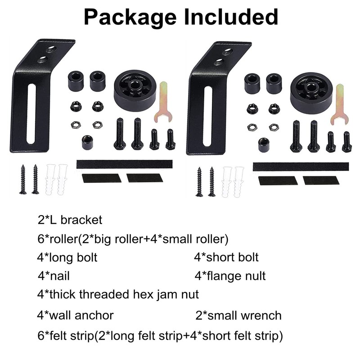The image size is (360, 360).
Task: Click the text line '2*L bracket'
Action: point(70,220)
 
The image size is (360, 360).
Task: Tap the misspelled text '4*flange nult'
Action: point(230,275)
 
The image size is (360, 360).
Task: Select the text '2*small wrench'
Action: point(238,315)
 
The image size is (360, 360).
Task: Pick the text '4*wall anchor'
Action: point(75,315)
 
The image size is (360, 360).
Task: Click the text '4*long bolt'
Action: point(67,257)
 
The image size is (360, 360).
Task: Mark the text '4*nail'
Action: point(54,275)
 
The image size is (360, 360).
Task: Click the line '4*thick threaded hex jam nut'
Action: point(118,295)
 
